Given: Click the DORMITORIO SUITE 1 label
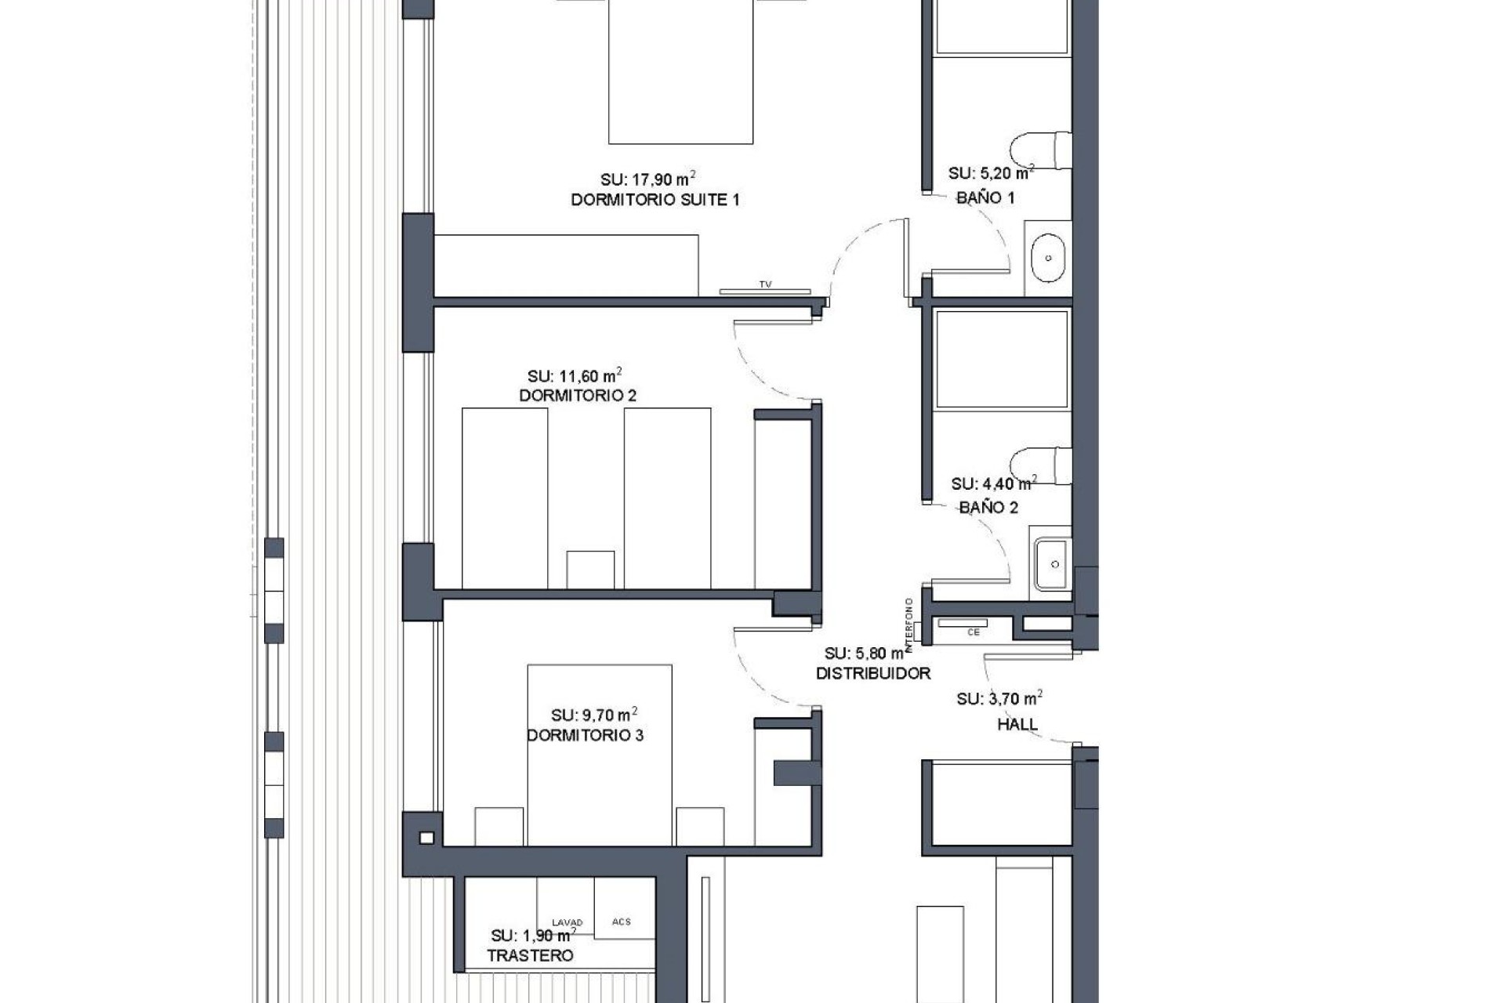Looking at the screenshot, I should click(x=655, y=200).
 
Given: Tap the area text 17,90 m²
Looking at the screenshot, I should click(x=648, y=179).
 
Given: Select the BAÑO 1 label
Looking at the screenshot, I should click(x=985, y=198).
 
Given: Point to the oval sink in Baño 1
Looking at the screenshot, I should click(x=1047, y=258).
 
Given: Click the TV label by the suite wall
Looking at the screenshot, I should click(x=765, y=285).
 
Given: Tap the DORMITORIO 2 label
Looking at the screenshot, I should click(x=578, y=396).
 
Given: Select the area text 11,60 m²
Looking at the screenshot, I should click(x=575, y=376).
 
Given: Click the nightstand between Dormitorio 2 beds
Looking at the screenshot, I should click(x=590, y=569).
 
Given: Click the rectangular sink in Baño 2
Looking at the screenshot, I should click(x=1051, y=564).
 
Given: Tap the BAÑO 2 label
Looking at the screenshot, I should click(x=988, y=508).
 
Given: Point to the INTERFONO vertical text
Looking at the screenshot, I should click(x=909, y=625).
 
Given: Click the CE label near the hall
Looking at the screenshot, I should click(x=974, y=632).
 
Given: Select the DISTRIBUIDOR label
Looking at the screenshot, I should click(x=873, y=673).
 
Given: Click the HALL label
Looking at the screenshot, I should click(x=1017, y=725).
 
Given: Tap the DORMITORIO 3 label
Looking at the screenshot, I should click(x=585, y=735).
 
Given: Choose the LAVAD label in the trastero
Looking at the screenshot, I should click(x=568, y=922).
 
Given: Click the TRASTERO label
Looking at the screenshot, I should click(x=530, y=956).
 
